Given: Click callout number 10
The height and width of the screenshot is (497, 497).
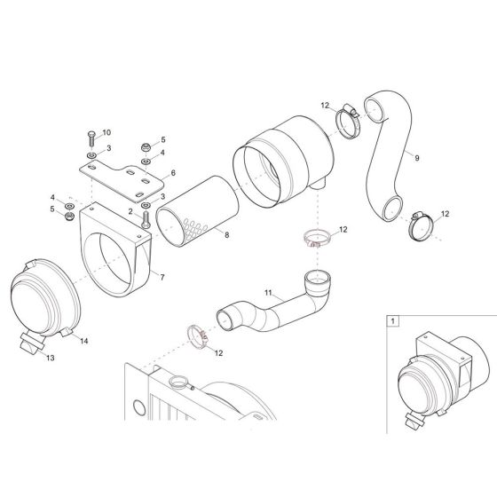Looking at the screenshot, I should click(106, 132).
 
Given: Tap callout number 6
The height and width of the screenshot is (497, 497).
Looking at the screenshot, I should click(174, 173).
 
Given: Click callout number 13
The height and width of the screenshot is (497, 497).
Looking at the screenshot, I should click(50, 359).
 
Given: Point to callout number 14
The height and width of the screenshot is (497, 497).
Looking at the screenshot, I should click(84, 341).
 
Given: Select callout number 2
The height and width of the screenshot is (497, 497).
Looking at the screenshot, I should click(130, 212).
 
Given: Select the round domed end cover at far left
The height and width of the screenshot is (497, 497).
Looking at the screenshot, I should click(44, 297).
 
